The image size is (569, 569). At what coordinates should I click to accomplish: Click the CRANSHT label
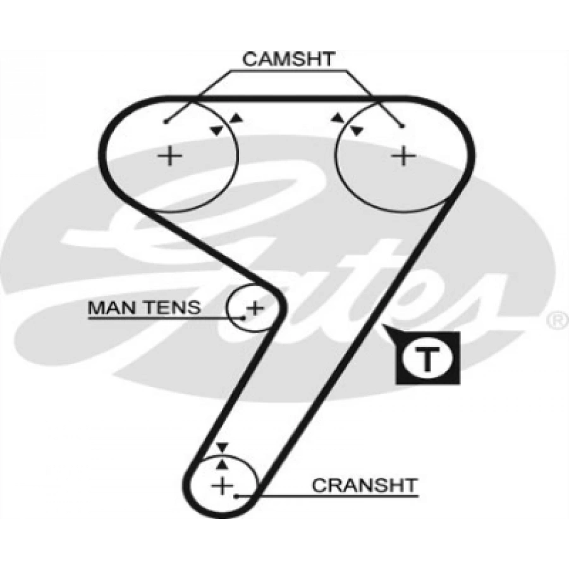point(365,486)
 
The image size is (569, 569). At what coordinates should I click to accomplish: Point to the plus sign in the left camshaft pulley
point(169,155)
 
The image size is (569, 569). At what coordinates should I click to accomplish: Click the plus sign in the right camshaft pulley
point(402,155)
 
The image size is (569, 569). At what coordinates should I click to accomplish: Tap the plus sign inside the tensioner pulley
point(254,309)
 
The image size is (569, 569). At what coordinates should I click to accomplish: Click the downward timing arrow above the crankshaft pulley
point(221,448)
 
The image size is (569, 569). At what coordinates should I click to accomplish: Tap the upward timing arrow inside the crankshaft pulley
point(221,463)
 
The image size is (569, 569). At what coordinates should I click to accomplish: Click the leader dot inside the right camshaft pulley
point(402,126)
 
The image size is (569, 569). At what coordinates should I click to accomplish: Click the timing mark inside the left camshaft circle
point(217,130)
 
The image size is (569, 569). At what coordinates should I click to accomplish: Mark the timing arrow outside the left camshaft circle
point(236,118)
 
